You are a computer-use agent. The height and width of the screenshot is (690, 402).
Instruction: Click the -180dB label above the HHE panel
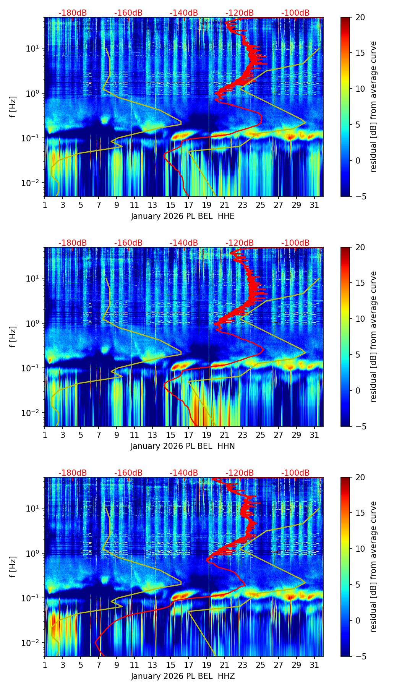[73, 13]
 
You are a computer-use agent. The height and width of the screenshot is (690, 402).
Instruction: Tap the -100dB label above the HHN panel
[295, 243]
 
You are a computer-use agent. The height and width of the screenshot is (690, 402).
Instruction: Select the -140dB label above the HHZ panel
[184, 473]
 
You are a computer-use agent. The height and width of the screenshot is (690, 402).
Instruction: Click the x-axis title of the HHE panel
[183, 216]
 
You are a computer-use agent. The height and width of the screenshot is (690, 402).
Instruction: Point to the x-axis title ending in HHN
[183, 446]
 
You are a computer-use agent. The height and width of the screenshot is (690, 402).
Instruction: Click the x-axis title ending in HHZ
[183, 676]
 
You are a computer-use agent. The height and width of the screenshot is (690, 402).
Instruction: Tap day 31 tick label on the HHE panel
[314, 205]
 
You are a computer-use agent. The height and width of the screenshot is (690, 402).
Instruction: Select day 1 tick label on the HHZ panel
[45, 665]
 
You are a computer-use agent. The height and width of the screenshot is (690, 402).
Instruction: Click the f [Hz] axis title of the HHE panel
[13, 107]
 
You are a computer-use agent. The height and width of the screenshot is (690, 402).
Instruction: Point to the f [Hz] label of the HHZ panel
[13, 567]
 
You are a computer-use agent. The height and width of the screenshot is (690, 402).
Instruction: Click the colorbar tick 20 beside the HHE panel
[360, 18]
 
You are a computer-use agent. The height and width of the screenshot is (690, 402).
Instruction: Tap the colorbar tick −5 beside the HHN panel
[360, 426]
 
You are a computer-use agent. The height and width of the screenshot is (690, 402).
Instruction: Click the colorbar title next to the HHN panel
[373, 337]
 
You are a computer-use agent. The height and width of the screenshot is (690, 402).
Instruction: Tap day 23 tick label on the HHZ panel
[243, 665]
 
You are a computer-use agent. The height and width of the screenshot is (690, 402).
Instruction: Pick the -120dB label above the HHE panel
[240, 13]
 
